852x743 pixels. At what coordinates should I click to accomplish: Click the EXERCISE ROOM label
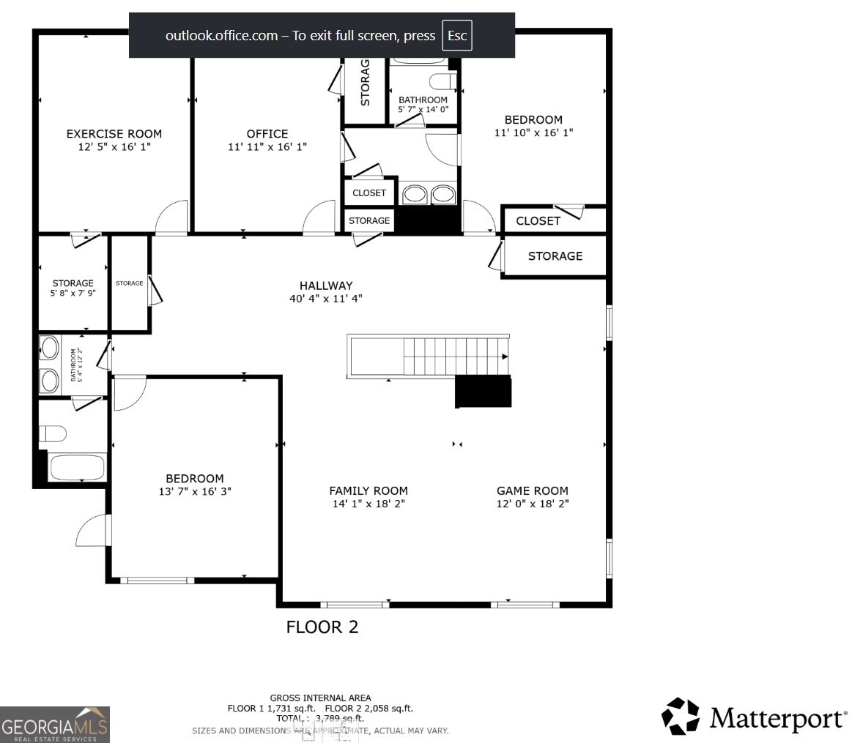[114, 134]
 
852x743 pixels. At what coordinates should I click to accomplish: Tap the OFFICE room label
[267, 134]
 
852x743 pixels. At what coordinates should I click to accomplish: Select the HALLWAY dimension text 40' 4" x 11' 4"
[326, 299]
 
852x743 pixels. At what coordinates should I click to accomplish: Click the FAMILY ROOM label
[368, 491]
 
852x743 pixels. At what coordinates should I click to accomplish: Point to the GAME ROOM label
[532, 491]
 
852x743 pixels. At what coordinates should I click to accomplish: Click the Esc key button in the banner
[457, 36]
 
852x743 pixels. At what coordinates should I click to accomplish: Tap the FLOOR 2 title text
[322, 627]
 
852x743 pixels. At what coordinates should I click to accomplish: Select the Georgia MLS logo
[55, 725]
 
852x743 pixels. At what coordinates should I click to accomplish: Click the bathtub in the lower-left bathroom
[77, 467]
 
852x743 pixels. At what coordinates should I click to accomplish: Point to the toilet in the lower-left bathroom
[53, 434]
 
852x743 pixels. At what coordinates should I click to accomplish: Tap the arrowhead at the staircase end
[505, 356]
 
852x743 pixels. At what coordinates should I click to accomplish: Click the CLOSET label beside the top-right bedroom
[538, 221]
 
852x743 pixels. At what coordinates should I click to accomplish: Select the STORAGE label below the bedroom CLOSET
[555, 256]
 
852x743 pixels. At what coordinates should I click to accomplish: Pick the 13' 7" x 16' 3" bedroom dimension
[194, 492]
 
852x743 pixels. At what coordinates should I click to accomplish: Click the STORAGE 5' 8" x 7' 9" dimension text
[73, 293]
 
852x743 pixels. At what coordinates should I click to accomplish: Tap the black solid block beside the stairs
[483, 392]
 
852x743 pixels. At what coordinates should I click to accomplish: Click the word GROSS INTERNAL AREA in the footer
[320, 698]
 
